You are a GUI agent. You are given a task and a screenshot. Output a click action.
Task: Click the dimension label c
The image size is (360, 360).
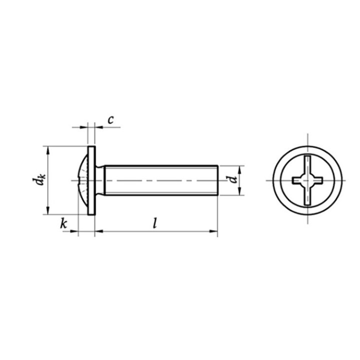tap(110, 120)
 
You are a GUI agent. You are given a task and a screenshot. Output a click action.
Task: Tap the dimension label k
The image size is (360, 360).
tap(63, 223)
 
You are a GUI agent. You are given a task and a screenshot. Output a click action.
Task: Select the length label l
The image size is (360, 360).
tap(155, 223)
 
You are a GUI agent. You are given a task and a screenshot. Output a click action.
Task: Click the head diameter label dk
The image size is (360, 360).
tap(39, 180)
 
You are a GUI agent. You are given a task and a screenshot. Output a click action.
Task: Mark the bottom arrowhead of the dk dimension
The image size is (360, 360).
tap(48, 210)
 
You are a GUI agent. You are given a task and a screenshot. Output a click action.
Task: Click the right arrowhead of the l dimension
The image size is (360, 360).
tap(213, 231)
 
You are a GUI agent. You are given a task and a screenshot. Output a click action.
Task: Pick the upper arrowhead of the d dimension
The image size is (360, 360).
tap(239, 169)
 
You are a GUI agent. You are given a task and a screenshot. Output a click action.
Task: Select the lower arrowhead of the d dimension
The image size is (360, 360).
tap(239, 191)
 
